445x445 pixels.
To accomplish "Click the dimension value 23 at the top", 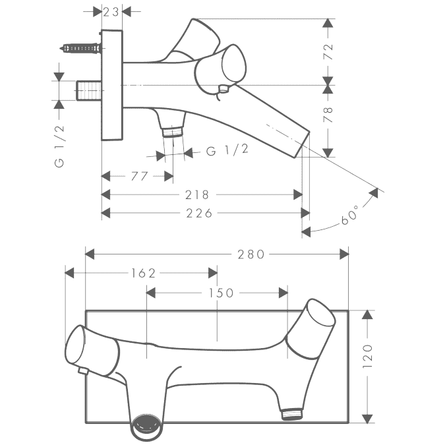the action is tap(111, 12).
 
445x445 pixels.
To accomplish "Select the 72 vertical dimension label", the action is tap(328, 51).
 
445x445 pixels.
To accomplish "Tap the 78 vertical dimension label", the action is tap(328, 115).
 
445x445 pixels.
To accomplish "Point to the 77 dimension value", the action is tap(139, 176).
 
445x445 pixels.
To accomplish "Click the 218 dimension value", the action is tap(197, 194).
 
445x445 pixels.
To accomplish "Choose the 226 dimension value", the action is tap(199, 213).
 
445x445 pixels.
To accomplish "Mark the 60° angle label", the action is tap(350, 215).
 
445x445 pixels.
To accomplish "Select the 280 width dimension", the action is tap(251, 254).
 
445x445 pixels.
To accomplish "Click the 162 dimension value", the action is tap(143, 273).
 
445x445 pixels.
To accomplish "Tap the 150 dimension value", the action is tap(221, 293).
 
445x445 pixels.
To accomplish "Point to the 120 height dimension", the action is tap(367, 357).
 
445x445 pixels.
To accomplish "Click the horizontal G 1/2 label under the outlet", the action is tap(227, 150).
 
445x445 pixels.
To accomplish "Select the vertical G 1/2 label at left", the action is tap(59, 146).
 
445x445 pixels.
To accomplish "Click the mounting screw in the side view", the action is tap(80, 48).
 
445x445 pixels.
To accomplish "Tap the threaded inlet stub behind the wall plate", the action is tap(88, 90).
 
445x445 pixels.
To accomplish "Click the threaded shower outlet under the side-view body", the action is tap(172, 132).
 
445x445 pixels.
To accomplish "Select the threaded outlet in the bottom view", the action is tap(292, 414).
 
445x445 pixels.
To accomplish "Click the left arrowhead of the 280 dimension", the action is tap(90, 254).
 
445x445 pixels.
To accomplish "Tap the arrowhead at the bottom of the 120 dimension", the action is tap(367, 419).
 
